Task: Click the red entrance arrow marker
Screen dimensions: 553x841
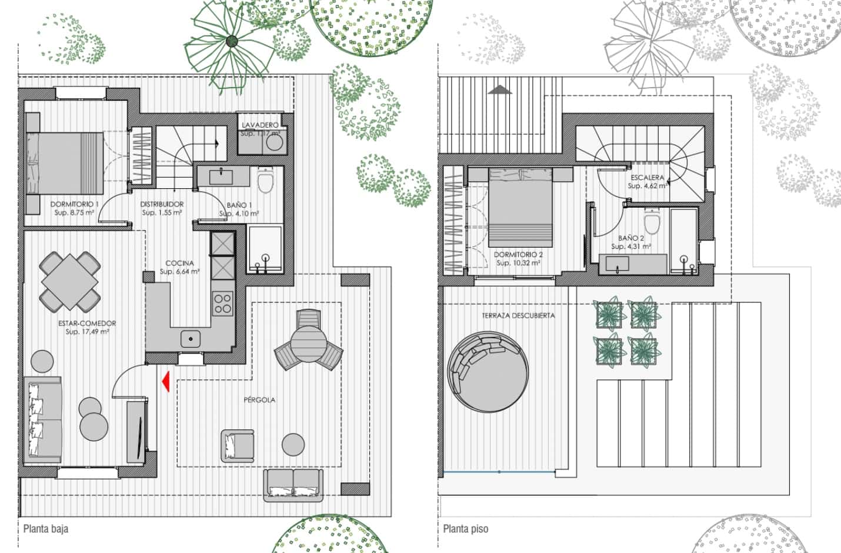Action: [166, 381]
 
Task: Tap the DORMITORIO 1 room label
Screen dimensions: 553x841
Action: [74, 204]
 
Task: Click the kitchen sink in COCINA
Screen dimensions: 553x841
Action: [190, 338]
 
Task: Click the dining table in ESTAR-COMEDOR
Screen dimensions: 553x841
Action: [70, 281]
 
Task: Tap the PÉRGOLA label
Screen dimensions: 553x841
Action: [259, 400]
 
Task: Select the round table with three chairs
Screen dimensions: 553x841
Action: [309, 341]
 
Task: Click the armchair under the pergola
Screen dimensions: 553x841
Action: [238, 445]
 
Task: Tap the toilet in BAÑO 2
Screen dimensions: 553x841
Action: [652, 223]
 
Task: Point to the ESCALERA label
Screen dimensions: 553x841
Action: [647, 177]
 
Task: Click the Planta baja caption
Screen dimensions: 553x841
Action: [46, 528]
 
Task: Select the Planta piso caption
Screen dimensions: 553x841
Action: [466, 528]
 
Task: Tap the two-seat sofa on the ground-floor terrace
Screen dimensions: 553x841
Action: [293, 484]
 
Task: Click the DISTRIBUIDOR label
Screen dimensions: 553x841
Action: [162, 204]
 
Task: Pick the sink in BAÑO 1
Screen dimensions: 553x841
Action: [222, 175]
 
